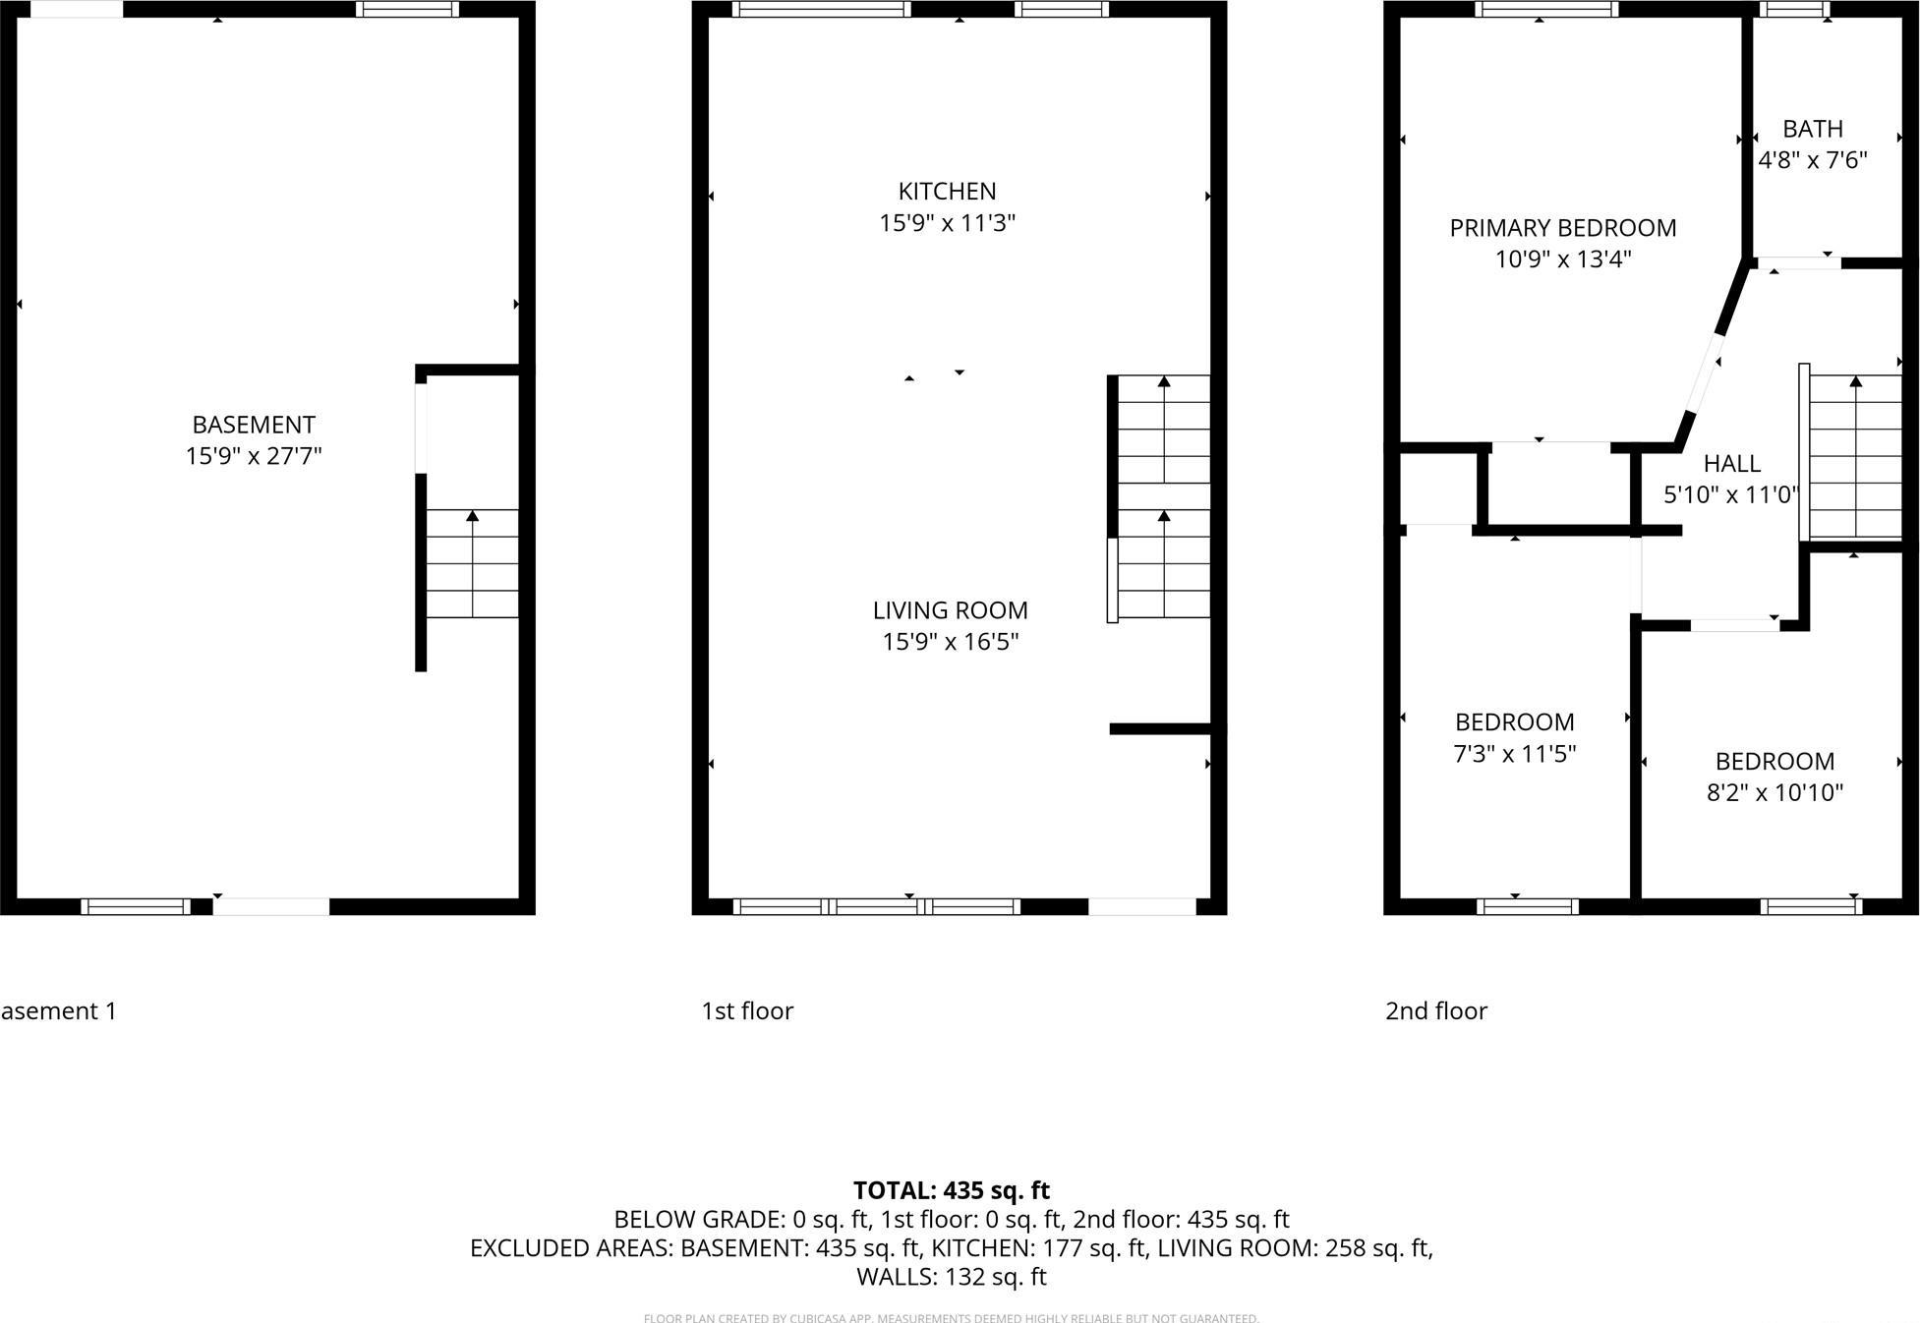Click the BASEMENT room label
[x=254, y=425]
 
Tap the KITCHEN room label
[x=947, y=191]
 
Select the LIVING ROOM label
[x=950, y=610]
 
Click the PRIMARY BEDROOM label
[x=1562, y=228]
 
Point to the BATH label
[x=1812, y=129]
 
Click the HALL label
[x=1731, y=463]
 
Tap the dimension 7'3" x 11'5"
[x=1514, y=754]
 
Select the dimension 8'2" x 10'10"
[x=1774, y=793]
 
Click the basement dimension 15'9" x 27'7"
[x=254, y=456]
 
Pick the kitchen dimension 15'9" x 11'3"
[x=947, y=223]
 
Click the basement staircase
[x=472, y=563]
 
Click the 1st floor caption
[x=746, y=1010]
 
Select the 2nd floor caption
[x=1435, y=1010]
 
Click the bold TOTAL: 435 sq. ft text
[x=951, y=1190]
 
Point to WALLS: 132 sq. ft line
[x=951, y=1277]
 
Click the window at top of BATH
[x=1794, y=10]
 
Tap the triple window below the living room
[x=876, y=906]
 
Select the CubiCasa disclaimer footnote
[x=951, y=1318]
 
